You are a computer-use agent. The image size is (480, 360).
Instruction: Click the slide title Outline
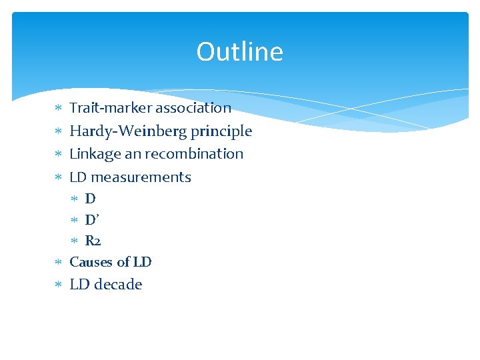(239, 52)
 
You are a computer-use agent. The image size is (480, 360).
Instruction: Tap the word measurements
(141, 177)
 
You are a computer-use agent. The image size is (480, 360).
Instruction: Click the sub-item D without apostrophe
(90, 199)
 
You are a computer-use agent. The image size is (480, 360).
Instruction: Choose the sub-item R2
(93, 241)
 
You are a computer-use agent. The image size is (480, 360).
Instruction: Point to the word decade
(118, 285)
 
